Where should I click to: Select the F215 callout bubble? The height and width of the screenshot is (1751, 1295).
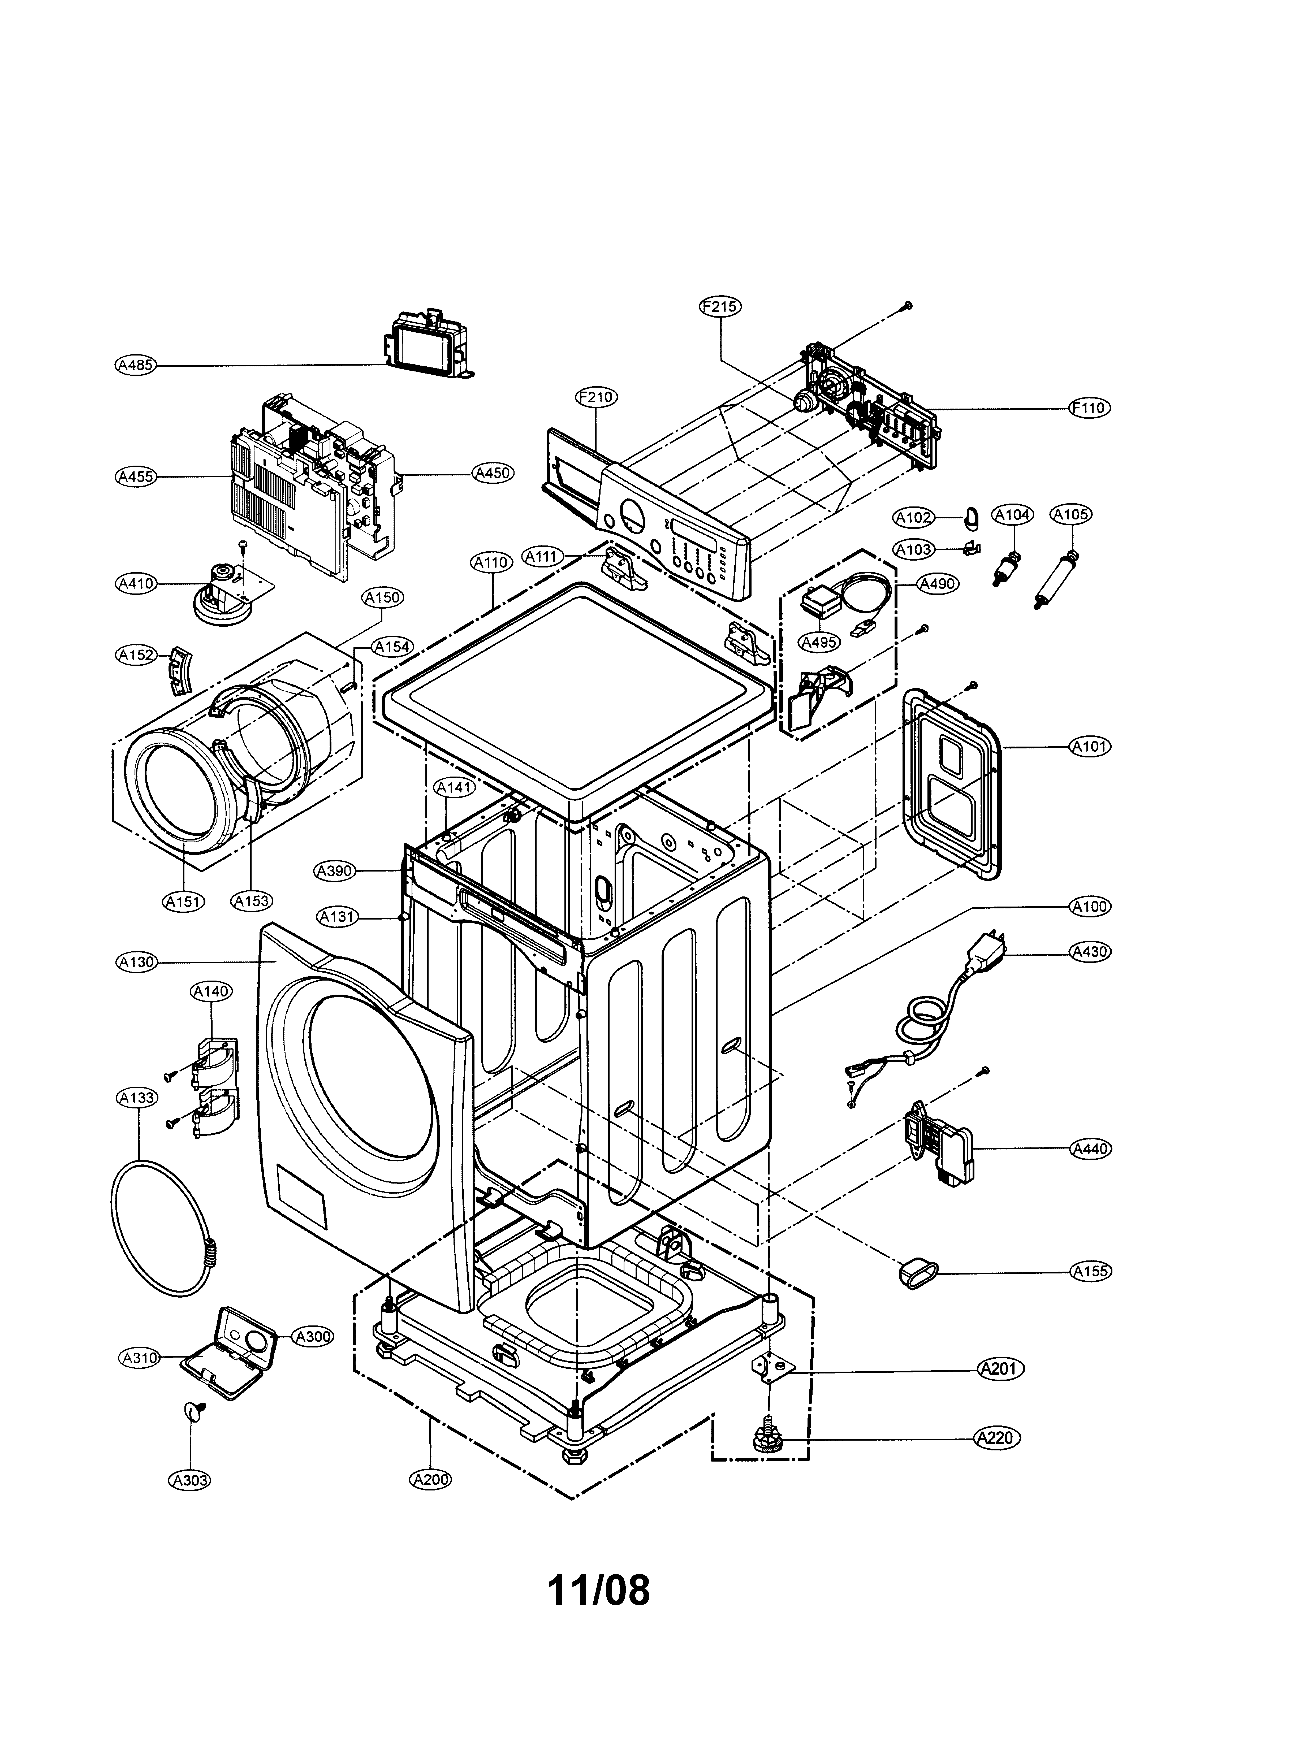tap(720, 306)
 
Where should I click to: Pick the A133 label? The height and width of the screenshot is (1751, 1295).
tap(136, 1098)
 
